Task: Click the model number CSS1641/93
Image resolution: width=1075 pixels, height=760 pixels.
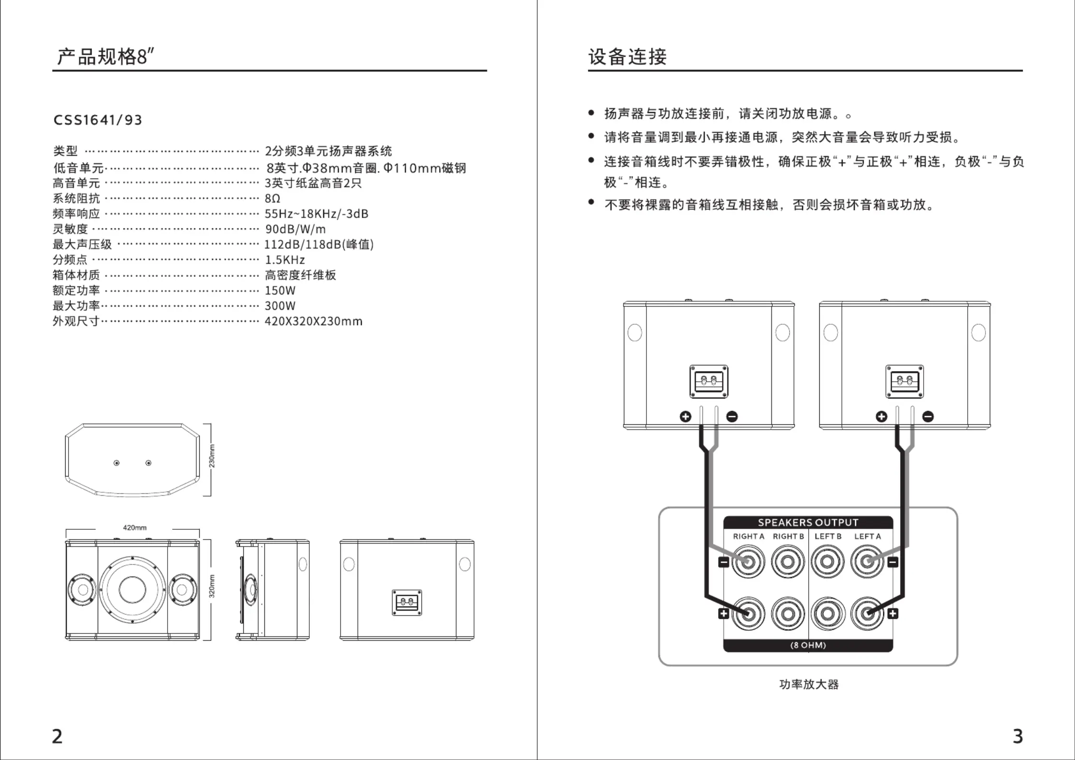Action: pyautogui.click(x=98, y=120)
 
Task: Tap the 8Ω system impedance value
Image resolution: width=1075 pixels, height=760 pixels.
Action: pyautogui.click(x=272, y=198)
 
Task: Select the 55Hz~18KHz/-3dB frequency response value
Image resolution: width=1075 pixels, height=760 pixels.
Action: pyautogui.click(x=317, y=214)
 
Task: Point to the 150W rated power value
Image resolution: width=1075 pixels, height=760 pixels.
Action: pyautogui.click(x=280, y=290)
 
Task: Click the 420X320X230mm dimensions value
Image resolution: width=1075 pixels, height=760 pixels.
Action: pyautogui.click(x=314, y=321)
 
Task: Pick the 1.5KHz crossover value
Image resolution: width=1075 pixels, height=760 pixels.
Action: pyautogui.click(x=285, y=260)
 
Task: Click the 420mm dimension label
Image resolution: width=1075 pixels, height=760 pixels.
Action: pyautogui.click(x=135, y=528)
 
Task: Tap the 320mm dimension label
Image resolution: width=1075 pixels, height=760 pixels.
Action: pyautogui.click(x=212, y=586)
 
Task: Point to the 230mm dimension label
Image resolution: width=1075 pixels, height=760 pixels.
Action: pyautogui.click(x=212, y=456)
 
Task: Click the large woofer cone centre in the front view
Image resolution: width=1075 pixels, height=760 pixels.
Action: pyautogui.click(x=132, y=590)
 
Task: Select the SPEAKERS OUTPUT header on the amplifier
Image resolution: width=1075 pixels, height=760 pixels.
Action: pyautogui.click(x=808, y=522)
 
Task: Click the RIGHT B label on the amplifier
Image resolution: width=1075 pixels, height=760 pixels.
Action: pyautogui.click(x=788, y=536)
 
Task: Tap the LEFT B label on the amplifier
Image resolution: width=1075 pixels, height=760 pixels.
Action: pyautogui.click(x=828, y=536)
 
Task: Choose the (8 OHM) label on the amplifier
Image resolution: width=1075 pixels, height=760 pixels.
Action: pyautogui.click(x=808, y=645)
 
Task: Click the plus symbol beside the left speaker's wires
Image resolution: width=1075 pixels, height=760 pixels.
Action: pyautogui.click(x=686, y=417)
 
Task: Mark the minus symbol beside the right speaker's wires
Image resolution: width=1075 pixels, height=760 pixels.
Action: pyautogui.click(x=928, y=417)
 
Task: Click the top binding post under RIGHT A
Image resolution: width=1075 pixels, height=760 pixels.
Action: pyautogui.click(x=748, y=561)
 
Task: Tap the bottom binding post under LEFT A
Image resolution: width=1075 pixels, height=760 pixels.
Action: pyautogui.click(x=867, y=613)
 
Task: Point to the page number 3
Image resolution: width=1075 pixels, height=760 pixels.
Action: pyautogui.click(x=1018, y=736)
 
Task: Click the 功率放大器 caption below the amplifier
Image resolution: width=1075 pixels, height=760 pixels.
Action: pyautogui.click(x=809, y=684)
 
